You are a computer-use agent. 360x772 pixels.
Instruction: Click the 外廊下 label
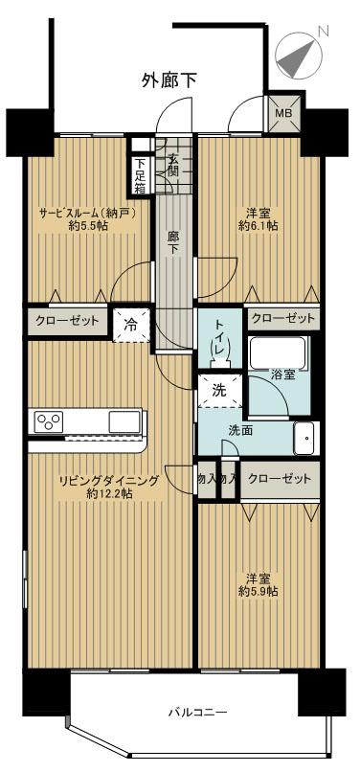tap(169, 80)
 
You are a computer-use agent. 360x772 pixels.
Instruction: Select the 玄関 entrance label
tap(174, 166)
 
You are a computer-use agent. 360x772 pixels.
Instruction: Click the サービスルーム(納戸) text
tap(86, 213)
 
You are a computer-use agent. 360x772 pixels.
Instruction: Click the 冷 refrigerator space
tap(127, 323)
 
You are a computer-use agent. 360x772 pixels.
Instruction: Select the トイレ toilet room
tap(220, 339)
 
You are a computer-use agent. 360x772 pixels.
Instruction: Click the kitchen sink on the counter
tap(124, 421)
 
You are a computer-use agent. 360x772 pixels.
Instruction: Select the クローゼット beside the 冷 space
tap(65, 321)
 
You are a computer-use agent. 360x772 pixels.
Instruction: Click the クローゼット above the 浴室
tap(282, 318)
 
